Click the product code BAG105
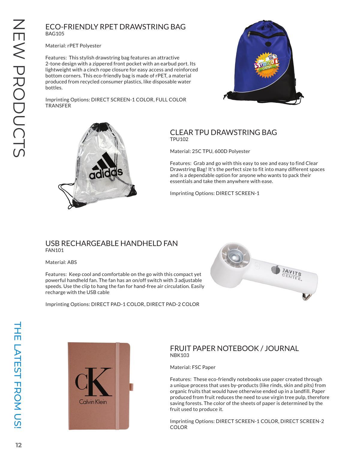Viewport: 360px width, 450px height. (x=55, y=34)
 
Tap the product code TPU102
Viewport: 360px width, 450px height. (x=179, y=139)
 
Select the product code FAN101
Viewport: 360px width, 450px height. (x=54, y=250)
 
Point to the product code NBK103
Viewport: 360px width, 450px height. (x=179, y=355)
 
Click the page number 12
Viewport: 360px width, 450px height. (x=19, y=445)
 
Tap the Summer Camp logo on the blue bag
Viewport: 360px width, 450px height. (x=266, y=64)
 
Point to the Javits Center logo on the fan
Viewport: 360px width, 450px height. (x=287, y=272)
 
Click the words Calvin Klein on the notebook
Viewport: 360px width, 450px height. (x=93, y=402)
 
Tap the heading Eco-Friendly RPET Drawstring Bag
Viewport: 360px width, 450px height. (x=115, y=27)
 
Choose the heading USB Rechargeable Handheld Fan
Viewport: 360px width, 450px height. (x=111, y=243)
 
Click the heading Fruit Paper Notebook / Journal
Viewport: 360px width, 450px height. (x=234, y=348)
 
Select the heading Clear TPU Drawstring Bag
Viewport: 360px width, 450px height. (x=223, y=132)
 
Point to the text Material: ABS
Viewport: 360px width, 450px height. (x=61, y=262)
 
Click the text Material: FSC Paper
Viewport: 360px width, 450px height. (x=193, y=367)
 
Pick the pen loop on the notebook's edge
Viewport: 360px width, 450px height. (x=131, y=387)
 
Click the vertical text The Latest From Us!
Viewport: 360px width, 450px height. (x=18, y=375)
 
